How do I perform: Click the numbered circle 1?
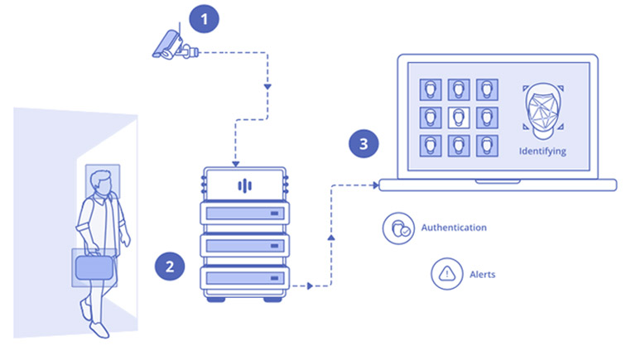point(205,17)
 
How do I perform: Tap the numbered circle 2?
point(170,266)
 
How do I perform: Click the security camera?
point(171,46)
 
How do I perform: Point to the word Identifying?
point(542,151)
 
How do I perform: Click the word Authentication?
point(454,228)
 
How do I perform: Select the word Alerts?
point(482,273)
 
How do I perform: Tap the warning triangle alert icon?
point(446,272)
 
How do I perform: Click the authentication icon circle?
point(397,228)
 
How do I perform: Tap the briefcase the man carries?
point(93,266)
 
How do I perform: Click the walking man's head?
point(100,183)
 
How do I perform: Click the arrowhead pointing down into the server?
point(236,162)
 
